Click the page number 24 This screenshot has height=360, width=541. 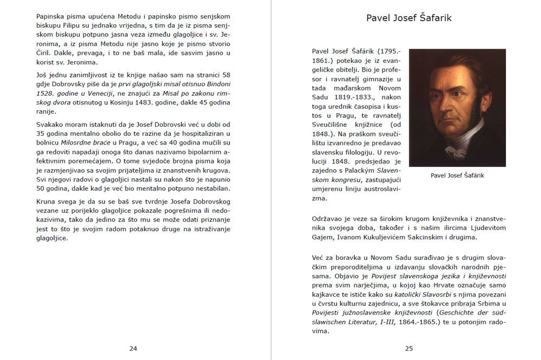(133, 349)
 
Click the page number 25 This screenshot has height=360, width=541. (408, 349)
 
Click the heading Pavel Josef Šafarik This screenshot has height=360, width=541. (408, 18)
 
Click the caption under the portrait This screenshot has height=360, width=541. (457, 175)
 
